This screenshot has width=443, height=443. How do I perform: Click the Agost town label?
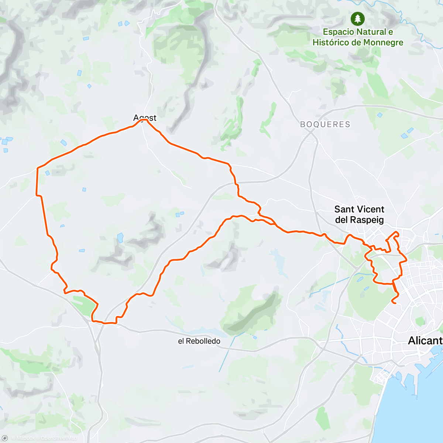point(145,118)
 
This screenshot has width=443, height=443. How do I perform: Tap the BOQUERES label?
point(325,124)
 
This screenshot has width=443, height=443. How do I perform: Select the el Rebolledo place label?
point(199,341)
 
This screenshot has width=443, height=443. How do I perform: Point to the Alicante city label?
point(425,341)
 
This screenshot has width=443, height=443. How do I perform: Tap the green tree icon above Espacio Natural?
point(357,18)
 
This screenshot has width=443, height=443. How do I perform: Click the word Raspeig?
point(367,220)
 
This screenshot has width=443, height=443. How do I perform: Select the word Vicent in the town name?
point(370,209)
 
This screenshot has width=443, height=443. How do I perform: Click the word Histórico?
point(331,42)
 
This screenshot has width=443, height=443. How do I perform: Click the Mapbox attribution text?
point(25,438)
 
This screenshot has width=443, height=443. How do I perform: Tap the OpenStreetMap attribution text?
point(59,438)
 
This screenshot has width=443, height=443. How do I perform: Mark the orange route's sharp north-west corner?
point(38,168)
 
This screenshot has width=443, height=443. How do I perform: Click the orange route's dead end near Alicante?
point(392,303)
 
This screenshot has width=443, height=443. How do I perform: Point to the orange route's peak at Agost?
point(146,120)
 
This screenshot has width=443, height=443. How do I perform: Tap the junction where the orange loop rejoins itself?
point(259,214)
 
